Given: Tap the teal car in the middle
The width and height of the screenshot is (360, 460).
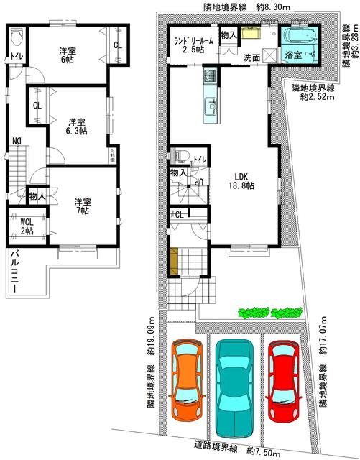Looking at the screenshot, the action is [234, 388].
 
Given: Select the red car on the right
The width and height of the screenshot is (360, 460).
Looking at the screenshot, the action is [283, 382].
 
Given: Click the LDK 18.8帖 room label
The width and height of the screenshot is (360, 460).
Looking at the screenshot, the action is [241, 181].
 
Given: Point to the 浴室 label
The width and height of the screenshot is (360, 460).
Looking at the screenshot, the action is [294, 55].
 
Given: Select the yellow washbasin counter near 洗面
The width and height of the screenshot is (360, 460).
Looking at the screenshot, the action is [251, 33].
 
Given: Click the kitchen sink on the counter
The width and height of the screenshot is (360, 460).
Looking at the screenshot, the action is [210, 104].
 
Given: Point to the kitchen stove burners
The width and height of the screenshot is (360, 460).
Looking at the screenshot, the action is [210, 75].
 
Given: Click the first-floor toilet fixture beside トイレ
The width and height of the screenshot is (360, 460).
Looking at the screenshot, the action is [180, 155].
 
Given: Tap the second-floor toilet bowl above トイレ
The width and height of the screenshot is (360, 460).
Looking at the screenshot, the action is [16, 37].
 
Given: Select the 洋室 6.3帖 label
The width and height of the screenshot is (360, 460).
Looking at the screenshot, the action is [78, 126].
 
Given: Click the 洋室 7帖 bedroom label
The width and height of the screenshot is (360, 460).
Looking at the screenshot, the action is [83, 206].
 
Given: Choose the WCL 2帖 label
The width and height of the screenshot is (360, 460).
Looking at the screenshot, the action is [27, 226].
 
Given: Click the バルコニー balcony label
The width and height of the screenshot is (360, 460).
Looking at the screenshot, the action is [14, 270].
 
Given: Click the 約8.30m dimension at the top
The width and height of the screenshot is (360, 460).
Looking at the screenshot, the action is [273, 7].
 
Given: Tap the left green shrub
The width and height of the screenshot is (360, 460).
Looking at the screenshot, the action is [254, 313].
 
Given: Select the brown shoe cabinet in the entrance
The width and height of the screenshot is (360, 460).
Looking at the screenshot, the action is [174, 262].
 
